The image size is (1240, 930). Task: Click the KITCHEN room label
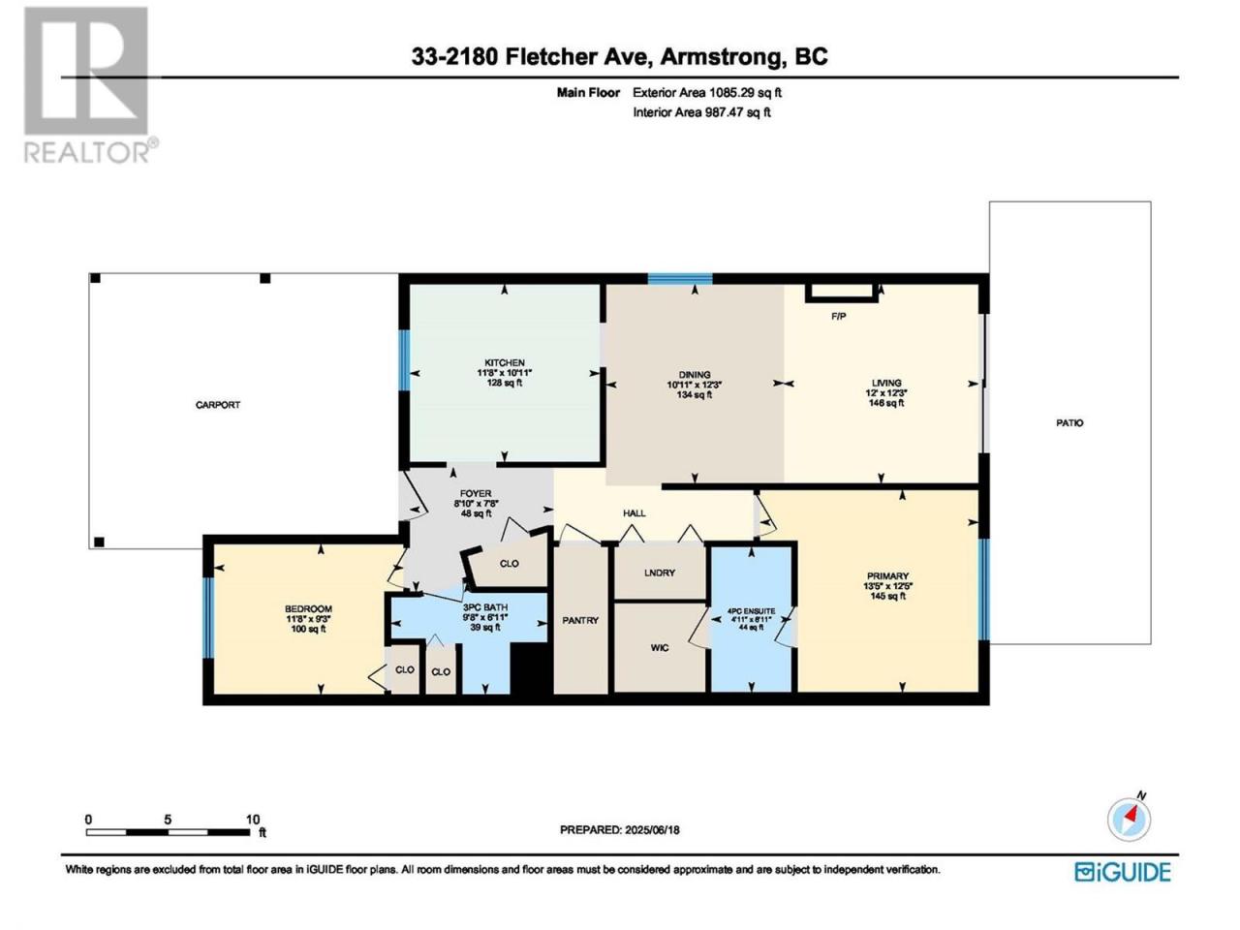coord(505,362)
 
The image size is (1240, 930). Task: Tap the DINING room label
coord(695,374)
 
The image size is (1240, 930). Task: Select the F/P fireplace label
coord(838,317)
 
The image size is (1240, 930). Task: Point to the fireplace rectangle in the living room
coord(841,292)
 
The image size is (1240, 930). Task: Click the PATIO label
coord(1069,422)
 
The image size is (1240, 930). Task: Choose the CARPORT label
coord(218,405)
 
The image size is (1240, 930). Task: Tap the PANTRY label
coord(580,620)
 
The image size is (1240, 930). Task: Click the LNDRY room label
coord(660,573)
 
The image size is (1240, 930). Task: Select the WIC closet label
coord(660,648)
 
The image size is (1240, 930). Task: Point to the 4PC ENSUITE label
coord(751,611)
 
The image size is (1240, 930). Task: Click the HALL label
coord(634,513)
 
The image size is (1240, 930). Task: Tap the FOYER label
coord(476,493)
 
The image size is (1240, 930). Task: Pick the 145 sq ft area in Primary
coord(887,596)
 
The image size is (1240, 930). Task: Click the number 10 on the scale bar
coord(253,820)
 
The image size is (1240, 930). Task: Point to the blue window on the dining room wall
coord(680,278)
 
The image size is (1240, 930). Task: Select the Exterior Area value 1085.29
coord(732,93)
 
